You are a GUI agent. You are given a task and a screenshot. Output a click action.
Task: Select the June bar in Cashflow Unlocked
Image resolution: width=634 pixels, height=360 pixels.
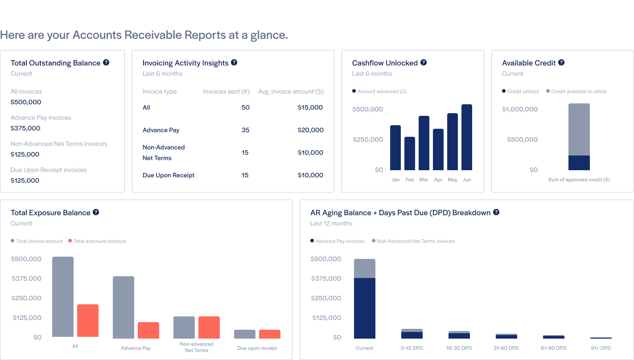[x=467, y=137]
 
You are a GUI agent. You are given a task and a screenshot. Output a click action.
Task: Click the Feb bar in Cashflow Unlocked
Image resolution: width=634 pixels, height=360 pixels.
[x=410, y=153]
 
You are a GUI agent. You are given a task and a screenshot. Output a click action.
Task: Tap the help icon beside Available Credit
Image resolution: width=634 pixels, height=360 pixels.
[x=561, y=63]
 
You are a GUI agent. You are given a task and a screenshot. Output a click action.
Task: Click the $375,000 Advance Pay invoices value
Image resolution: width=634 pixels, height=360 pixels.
[x=25, y=128]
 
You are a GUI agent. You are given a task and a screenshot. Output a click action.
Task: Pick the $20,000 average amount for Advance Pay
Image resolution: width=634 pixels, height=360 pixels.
[x=310, y=130]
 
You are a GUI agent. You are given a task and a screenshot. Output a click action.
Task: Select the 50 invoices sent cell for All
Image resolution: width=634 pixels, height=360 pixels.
[x=245, y=107]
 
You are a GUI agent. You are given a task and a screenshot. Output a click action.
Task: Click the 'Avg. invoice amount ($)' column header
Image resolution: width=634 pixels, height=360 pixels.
[x=291, y=91]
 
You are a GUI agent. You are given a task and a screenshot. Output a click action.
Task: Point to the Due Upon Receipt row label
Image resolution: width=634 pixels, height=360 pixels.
[x=169, y=175]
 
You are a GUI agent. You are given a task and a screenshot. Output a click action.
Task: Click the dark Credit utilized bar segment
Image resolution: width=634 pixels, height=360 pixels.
[x=579, y=163]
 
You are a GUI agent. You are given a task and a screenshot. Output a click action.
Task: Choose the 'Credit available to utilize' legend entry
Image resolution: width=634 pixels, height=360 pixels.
[x=578, y=91]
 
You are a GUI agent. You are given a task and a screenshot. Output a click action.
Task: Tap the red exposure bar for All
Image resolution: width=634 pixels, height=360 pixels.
[x=88, y=321]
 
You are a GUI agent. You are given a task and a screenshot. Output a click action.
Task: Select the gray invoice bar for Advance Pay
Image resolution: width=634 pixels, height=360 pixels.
[x=124, y=307]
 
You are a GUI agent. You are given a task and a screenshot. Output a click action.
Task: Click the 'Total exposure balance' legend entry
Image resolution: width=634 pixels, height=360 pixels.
[x=99, y=241]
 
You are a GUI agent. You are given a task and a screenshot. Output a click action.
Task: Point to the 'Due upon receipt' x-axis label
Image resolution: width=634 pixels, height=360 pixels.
[x=257, y=348]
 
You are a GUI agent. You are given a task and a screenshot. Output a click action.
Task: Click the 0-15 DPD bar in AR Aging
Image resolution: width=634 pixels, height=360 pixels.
[x=412, y=334]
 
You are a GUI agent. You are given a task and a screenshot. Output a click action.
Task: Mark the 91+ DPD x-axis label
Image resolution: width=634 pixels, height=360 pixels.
[x=601, y=348]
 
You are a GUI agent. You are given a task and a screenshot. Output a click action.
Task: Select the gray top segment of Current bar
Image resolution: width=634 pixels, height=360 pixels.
[x=365, y=268]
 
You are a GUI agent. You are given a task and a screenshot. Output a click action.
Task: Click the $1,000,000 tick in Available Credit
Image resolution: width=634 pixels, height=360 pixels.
[x=520, y=109]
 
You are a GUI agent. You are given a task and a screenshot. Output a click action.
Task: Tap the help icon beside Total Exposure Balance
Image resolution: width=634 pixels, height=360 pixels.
[x=96, y=213]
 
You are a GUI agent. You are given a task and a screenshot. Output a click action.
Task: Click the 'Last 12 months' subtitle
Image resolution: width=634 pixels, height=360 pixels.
[x=331, y=223]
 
